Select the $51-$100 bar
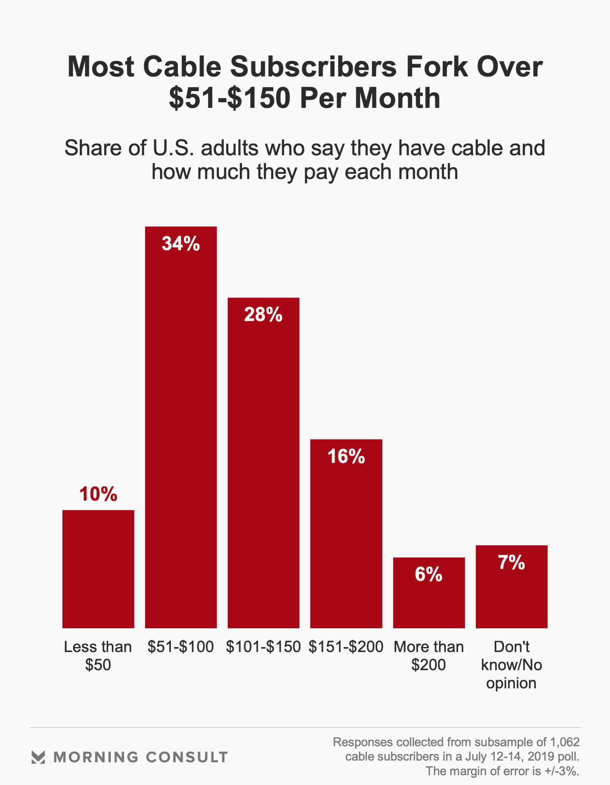[181, 428]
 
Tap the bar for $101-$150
[263, 464]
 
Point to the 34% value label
[181, 244]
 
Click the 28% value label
[263, 314]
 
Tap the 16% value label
[346, 457]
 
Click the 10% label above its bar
[98, 494]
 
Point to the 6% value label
[429, 574]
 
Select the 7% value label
[511, 562]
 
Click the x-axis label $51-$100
[181, 647]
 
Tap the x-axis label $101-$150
[263, 647]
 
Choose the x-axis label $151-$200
[346, 647]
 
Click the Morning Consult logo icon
[38, 757]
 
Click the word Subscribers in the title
[313, 67]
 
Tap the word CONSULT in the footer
[187, 757]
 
